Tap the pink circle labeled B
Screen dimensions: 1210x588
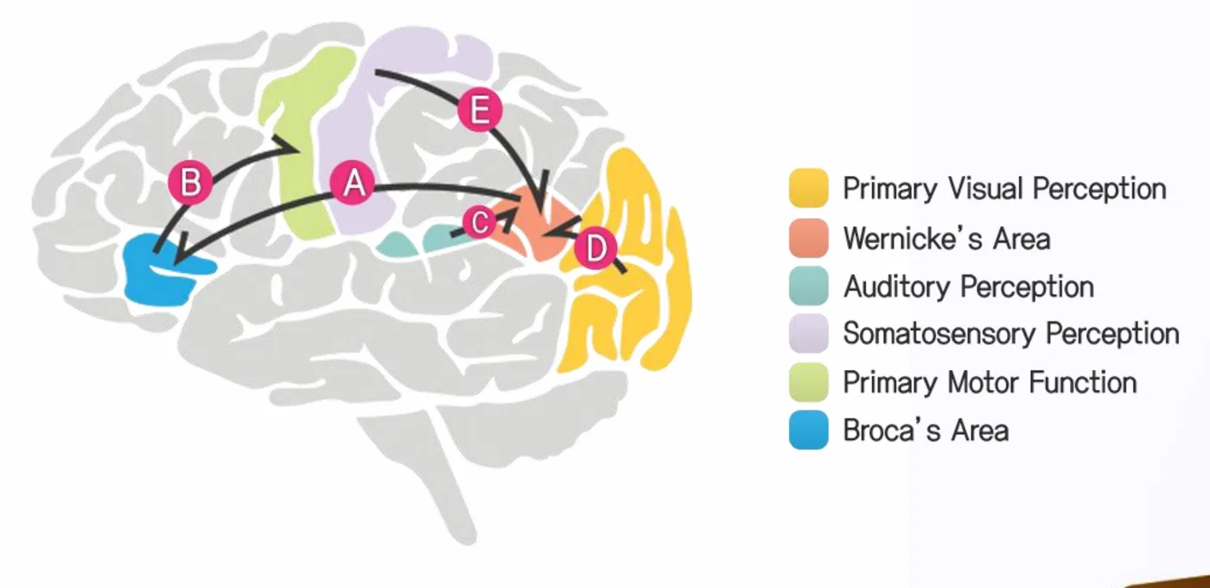point(189,182)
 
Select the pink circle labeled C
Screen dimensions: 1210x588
point(479,222)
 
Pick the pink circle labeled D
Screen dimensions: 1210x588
point(595,249)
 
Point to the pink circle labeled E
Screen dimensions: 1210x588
point(480,110)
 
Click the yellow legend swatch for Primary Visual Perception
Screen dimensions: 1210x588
point(809,189)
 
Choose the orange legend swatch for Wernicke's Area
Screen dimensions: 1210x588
point(809,238)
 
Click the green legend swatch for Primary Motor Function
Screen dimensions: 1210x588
point(809,382)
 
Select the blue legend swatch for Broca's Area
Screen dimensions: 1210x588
point(809,431)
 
